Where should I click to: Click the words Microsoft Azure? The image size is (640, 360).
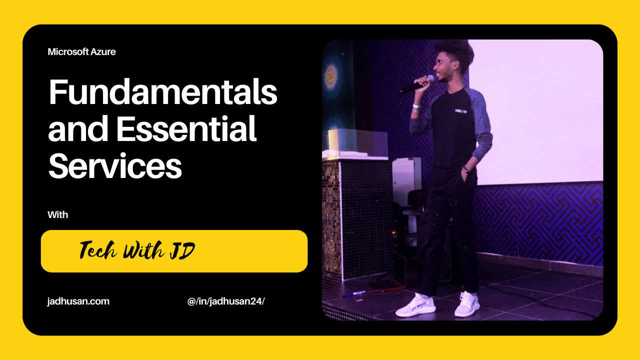(x=81, y=51)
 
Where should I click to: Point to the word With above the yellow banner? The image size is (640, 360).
(x=57, y=215)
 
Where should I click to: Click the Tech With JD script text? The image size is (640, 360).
(x=137, y=250)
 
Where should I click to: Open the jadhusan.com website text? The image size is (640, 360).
(x=78, y=301)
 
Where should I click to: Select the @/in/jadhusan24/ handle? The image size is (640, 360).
(x=226, y=301)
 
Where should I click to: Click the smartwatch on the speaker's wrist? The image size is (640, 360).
(x=465, y=169)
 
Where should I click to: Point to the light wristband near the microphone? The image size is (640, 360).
(x=416, y=106)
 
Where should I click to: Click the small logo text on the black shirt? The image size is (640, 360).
(x=461, y=110)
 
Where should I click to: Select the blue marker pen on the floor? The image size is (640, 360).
(x=356, y=293)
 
